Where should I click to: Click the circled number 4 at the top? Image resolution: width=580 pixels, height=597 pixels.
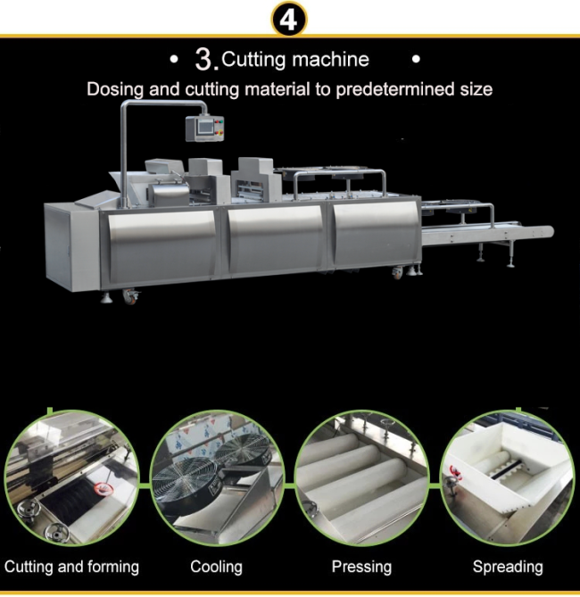tap(289, 20)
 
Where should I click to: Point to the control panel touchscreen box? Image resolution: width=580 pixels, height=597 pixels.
tap(204, 129)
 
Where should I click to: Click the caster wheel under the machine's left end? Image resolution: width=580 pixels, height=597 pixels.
tap(131, 296)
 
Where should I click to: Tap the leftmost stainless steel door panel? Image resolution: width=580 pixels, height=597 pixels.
tap(162, 245)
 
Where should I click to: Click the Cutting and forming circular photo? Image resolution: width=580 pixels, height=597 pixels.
tap(71, 477)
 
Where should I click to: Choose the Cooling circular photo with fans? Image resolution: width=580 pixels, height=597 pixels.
tap(217, 477)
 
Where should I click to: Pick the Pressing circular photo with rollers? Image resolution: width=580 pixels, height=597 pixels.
tap(361, 477)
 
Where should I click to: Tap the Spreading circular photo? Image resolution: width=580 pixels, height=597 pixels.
tap(507, 477)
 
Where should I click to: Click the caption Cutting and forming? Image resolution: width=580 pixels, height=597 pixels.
tap(71, 567)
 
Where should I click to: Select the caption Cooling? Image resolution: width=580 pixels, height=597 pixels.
tap(216, 567)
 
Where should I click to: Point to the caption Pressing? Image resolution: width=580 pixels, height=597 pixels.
tap(361, 568)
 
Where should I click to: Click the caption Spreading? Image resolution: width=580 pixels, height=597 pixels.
tap(508, 568)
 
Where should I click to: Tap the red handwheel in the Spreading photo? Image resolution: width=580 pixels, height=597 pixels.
tap(455, 473)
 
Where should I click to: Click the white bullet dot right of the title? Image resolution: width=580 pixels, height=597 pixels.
tap(416, 60)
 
